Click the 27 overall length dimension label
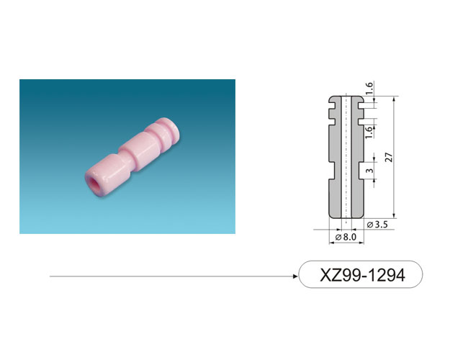(x=389, y=157)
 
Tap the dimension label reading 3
(x=369, y=171)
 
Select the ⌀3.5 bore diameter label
(x=377, y=225)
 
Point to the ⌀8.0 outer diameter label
(x=346, y=237)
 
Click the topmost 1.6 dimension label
(x=369, y=89)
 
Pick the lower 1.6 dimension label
(x=369, y=132)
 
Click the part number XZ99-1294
(x=362, y=275)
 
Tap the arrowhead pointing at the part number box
(x=295, y=276)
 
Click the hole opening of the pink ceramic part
(x=94, y=183)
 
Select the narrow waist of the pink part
(x=131, y=163)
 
